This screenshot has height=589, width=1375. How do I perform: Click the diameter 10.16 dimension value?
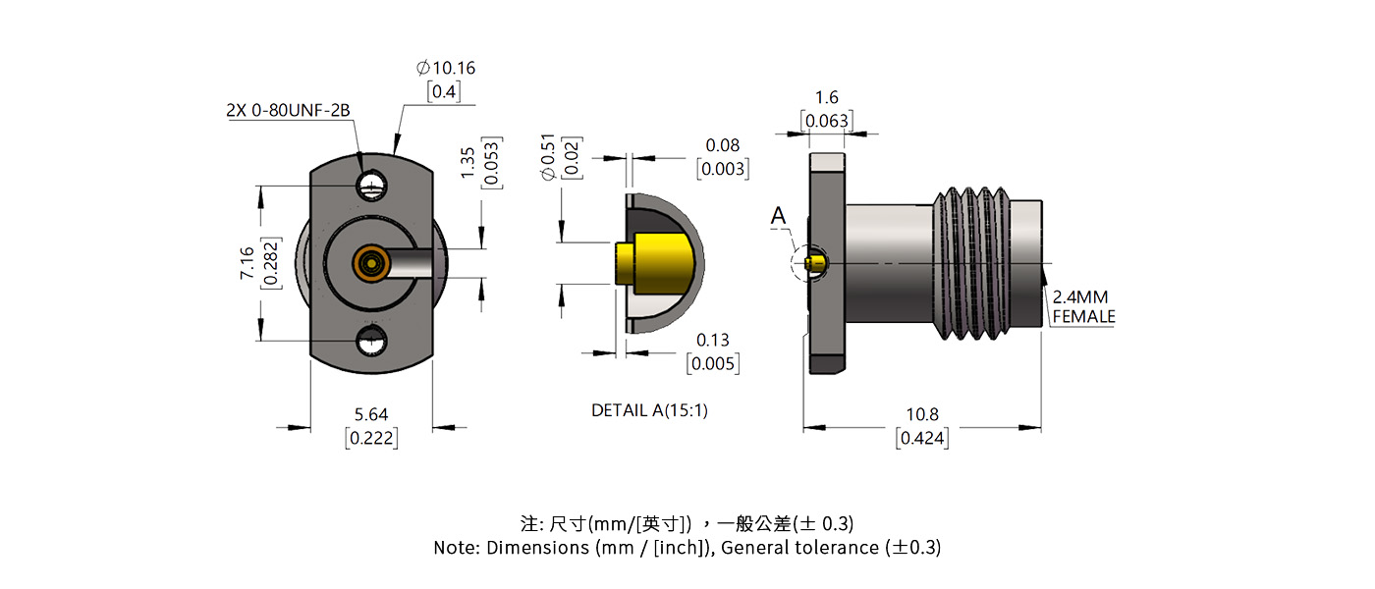click(x=446, y=68)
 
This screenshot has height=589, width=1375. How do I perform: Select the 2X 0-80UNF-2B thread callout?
click(x=288, y=111)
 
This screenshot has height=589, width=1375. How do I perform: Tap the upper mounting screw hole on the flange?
click(x=371, y=184)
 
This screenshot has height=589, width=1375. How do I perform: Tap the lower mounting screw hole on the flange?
click(x=371, y=343)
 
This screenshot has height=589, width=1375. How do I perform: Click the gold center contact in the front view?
click(x=370, y=263)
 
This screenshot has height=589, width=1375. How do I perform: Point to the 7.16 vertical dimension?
click(x=247, y=263)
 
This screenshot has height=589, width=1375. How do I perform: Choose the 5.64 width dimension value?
click(x=371, y=415)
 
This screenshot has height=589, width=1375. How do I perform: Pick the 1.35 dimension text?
click(x=467, y=162)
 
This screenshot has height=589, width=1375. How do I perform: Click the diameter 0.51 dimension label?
click(x=548, y=157)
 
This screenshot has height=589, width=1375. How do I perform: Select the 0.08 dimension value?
click(x=723, y=145)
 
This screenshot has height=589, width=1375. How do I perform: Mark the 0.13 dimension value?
click(x=713, y=340)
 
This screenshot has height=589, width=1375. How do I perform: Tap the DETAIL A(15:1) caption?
click(x=649, y=410)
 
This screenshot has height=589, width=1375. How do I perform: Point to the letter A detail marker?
click(x=779, y=216)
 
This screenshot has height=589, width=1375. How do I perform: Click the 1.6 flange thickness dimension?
click(x=827, y=97)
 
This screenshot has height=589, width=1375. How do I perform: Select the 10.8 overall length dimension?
click(x=921, y=415)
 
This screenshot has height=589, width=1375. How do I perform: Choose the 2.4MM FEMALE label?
click(x=1083, y=306)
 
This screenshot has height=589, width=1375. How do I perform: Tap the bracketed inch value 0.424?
click(x=921, y=438)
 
